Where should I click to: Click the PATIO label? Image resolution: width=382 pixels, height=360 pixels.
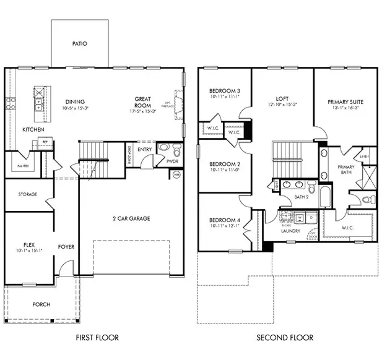pyautogui.click(x=79, y=44)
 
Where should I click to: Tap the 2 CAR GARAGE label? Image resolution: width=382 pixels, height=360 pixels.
pyautogui.click(x=131, y=218)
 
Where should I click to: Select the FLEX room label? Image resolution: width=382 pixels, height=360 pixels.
pyautogui.click(x=28, y=245)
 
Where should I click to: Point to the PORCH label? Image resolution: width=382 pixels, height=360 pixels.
pyautogui.click(x=41, y=304)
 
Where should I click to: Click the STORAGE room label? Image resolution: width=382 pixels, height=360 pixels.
pyautogui.click(x=27, y=194)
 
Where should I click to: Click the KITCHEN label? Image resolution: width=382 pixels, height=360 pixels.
pyautogui.click(x=32, y=130)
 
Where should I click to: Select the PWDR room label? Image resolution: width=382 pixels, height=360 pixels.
pyautogui.click(x=173, y=161)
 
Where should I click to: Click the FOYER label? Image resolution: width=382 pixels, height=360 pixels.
pyautogui.click(x=66, y=247)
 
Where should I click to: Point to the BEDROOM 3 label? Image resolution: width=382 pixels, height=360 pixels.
pyautogui.click(x=224, y=91)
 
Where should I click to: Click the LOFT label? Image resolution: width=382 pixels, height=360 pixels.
pyautogui.click(x=282, y=98)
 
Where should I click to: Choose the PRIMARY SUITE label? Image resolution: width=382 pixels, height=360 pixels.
pyautogui.click(x=345, y=101)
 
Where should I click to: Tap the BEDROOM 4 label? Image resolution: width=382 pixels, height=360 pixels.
pyautogui.click(x=224, y=220)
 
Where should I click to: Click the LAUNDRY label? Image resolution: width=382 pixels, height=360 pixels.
pyautogui.click(x=291, y=231)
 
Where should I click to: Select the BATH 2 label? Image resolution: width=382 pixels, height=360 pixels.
pyautogui.click(x=302, y=197)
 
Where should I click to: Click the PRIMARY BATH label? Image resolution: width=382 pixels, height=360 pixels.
pyautogui.click(x=345, y=171)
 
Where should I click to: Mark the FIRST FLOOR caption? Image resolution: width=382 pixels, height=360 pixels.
pyautogui.click(x=97, y=338)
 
